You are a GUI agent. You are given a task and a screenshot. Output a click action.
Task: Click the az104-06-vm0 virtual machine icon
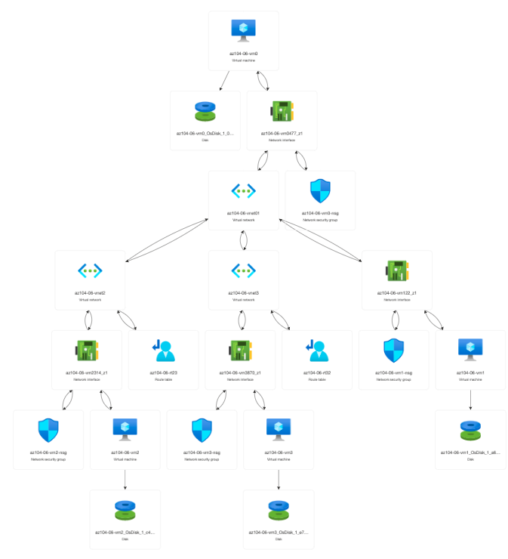click(243, 29)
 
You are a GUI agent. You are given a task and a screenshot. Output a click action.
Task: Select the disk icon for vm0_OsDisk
click(205, 111)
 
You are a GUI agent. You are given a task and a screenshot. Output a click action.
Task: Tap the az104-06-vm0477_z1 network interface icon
click(282, 111)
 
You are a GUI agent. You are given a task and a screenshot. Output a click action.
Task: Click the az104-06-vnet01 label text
click(243, 214)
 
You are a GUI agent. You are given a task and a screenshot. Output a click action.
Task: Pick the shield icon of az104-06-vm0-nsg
click(320, 190)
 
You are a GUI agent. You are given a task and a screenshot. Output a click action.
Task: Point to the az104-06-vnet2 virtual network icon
click(90, 270)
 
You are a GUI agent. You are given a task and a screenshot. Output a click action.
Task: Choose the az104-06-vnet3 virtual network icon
click(243, 270)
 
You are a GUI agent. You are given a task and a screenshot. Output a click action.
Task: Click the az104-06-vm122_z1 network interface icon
click(397, 270)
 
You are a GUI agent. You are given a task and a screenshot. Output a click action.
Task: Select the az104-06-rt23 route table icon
click(167, 351)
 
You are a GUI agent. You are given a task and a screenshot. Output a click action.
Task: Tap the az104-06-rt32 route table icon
click(320, 351)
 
